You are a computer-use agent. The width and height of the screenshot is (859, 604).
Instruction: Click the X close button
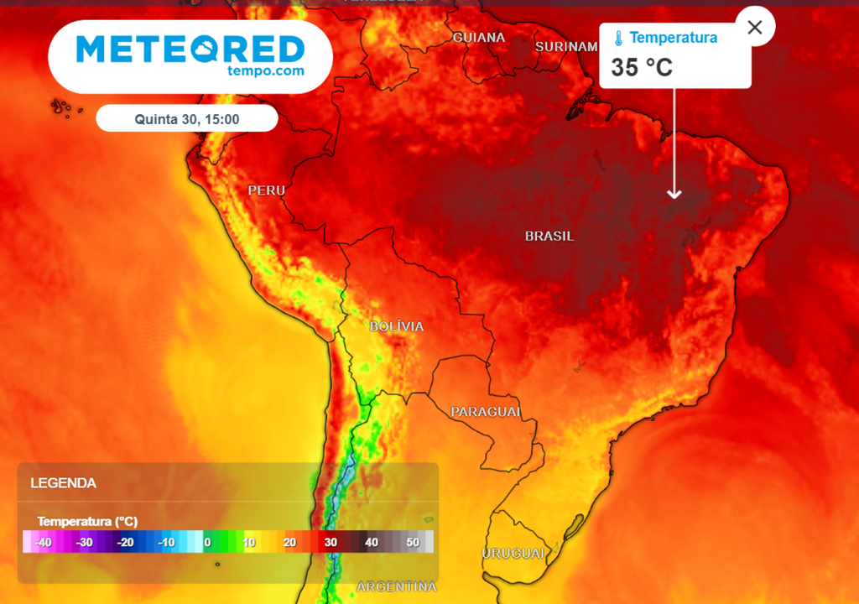pyautogui.click(x=754, y=27)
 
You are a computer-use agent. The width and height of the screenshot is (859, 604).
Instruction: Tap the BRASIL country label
pyautogui.click(x=549, y=237)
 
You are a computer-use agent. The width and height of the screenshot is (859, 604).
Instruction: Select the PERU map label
pyautogui.click(x=267, y=191)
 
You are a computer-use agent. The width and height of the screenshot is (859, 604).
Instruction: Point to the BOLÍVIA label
pyautogui.click(x=397, y=326)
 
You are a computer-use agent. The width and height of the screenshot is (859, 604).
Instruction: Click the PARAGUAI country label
pyautogui.click(x=486, y=412)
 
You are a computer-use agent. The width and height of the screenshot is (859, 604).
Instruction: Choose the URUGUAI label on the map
pyautogui.click(x=513, y=554)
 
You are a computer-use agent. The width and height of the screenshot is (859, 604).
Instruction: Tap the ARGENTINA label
pyautogui.click(x=397, y=586)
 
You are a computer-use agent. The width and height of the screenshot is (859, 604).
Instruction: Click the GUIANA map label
pyautogui.click(x=479, y=38)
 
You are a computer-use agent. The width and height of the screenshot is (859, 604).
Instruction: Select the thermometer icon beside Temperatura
pyautogui.click(x=618, y=39)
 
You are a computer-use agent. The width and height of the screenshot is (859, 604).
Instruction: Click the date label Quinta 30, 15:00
pyautogui.click(x=187, y=119)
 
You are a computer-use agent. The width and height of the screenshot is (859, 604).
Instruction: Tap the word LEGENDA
pyautogui.click(x=63, y=483)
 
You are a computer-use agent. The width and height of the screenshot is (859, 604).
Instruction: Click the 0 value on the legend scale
pyautogui.click(x=206, y=543)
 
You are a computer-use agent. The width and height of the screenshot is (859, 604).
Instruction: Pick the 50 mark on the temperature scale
pyautogui.click(x=413, y=543)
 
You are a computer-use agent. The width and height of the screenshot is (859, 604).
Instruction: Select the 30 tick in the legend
pyautogui.click(x=331, y=543)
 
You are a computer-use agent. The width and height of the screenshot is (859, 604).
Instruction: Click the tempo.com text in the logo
pyautogui.click(x=265, y=71)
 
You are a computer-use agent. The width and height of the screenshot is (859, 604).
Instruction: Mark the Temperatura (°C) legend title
pyautogui.click(x=87, y=522)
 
